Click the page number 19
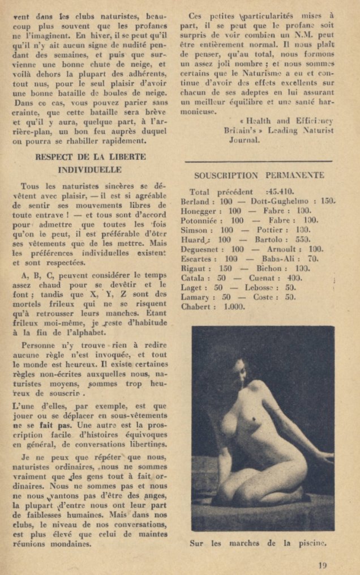(322, 564)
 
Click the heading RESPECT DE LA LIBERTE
(90, 157)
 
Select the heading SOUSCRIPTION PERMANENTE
(259, 176)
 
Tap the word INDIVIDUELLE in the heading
(90, 169)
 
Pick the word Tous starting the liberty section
(29, 186)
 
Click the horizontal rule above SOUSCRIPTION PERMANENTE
(259, 161)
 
